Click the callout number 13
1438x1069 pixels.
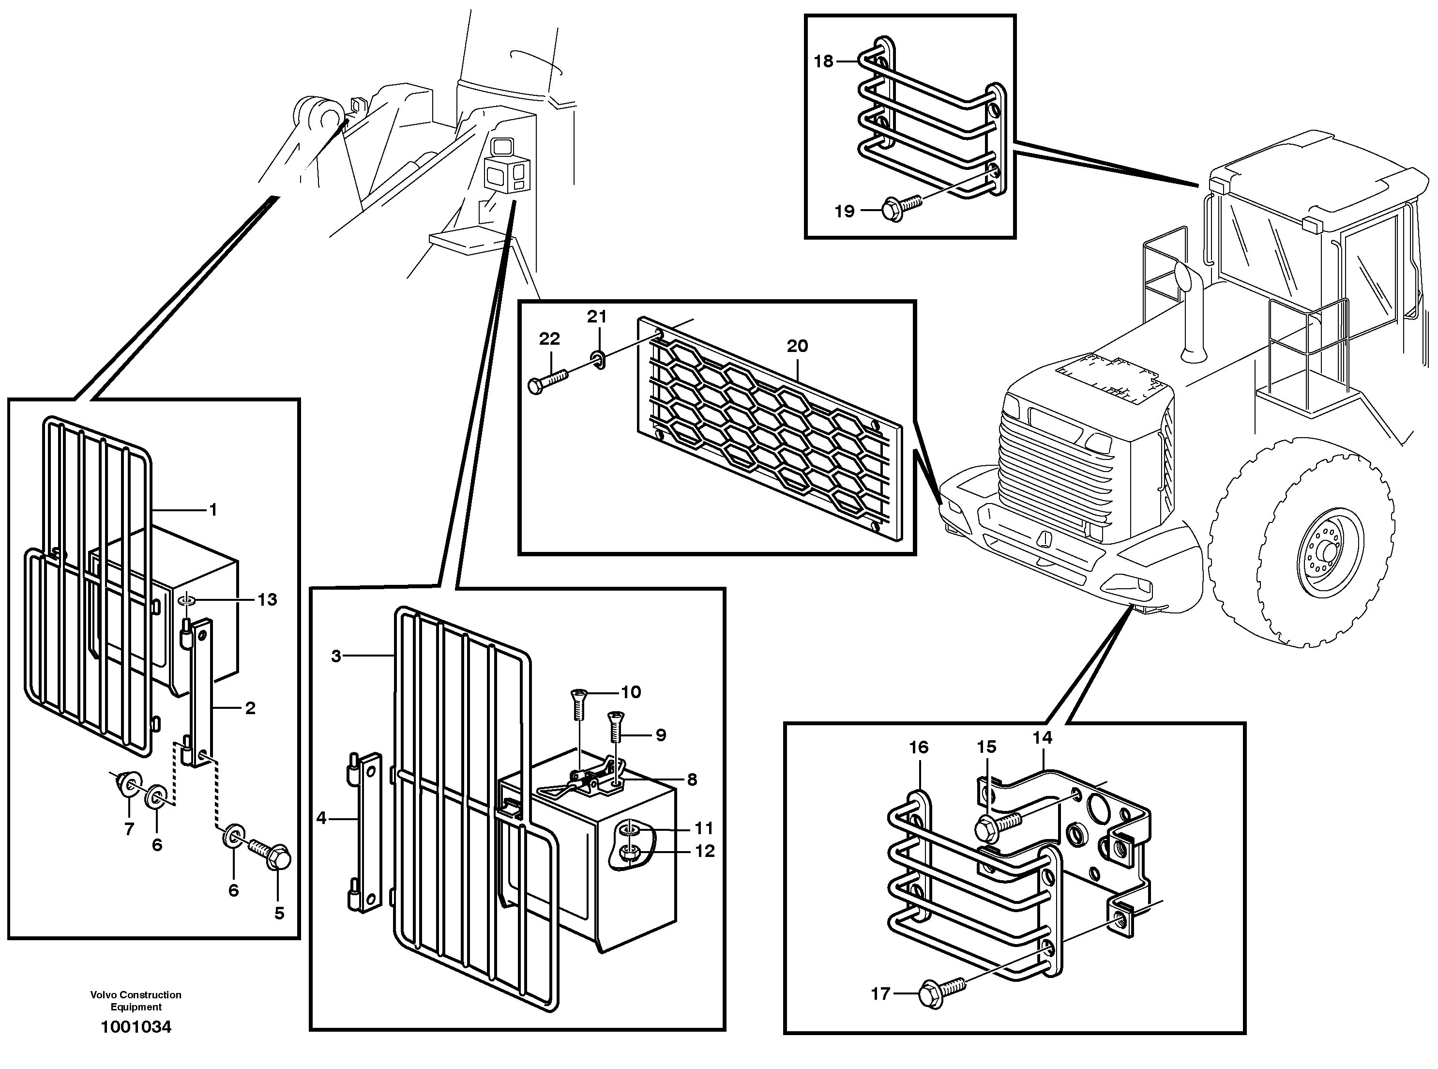(x=267, y=600)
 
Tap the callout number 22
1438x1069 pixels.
(x=549, y=338)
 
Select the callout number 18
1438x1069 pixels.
(x=823, y=61)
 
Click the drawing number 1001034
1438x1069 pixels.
(x=136, y=1027)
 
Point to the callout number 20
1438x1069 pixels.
(x=797, y=346)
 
